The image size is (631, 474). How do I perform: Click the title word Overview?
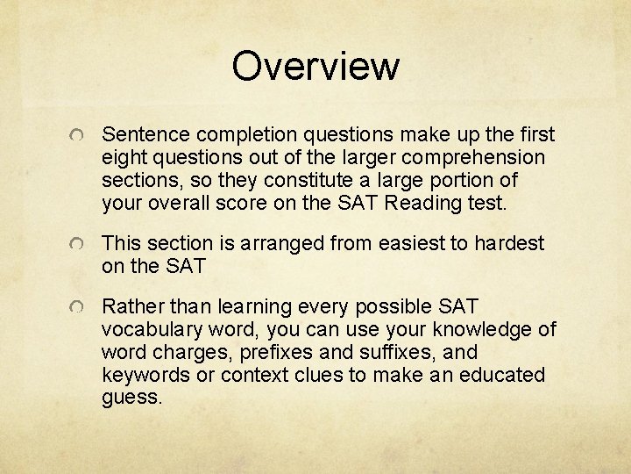click(x=315, y=67)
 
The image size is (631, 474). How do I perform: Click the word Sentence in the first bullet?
click(x=145, y=134)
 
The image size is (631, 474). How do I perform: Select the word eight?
click(x=124, y=157)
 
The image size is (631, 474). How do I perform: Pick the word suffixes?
click(x=367, y=352)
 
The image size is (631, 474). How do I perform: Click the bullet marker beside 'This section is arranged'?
click(x=79, y=244)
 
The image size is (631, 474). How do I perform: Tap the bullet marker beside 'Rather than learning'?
click(x=79, y=307)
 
